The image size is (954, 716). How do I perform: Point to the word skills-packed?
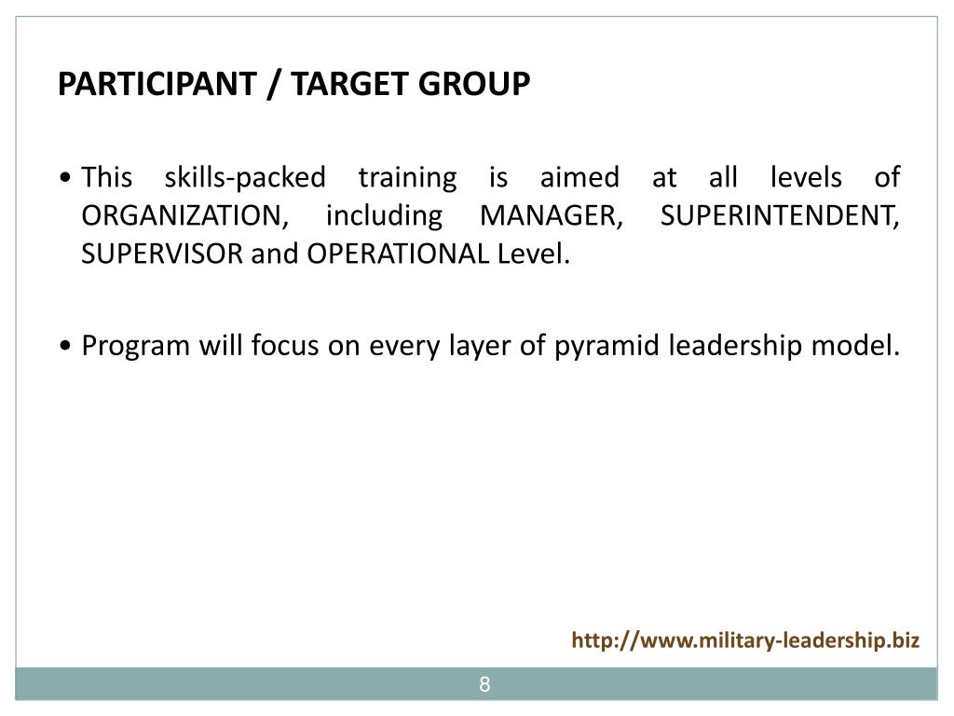[x=245, y=177]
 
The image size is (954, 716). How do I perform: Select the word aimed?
[x=579, y=177]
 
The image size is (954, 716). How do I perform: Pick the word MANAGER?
[x=551, y=215]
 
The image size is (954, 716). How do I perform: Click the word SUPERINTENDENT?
[x=780, y=215]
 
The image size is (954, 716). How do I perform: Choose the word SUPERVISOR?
[x=162, y=254]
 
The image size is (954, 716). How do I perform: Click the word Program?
[x=136, y=346]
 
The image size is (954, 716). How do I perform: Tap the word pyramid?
[x=597, y=346]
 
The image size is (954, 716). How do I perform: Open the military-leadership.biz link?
[x=745, y=640]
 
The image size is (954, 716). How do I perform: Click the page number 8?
[x=484, y=685]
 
